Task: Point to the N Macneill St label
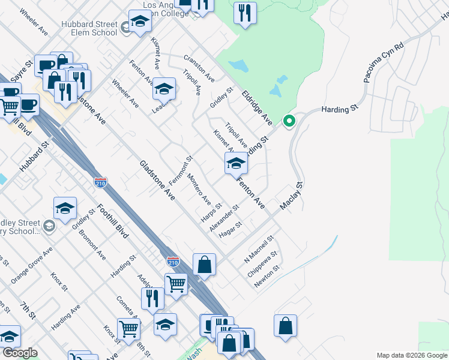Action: click(259, 250)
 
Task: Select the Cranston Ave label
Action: click(199, 69)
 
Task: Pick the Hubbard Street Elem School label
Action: click(89, 28)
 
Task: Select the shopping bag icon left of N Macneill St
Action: click(204, 264)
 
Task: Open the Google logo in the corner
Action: click(20, 353)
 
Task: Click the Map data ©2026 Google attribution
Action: click(411, 355)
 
